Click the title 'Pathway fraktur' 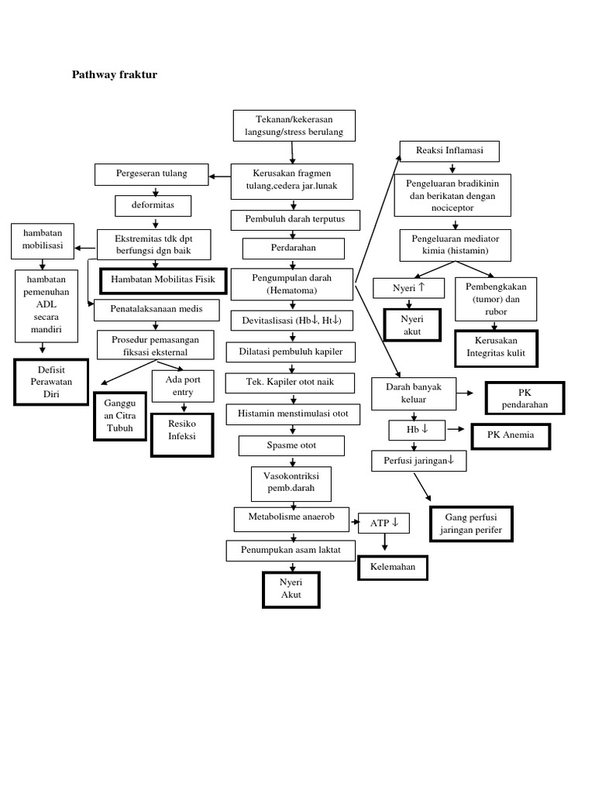click(115, 75)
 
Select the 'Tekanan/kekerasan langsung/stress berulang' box click(294, 126)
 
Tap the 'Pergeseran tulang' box click(152, 174)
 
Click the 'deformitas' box click(153, 207)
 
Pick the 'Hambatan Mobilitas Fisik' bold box click(163, 280)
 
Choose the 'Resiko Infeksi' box click(182, 431)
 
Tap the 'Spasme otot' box click(293, 446)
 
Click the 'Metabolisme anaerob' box click(291, 519)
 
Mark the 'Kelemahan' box click(392, 567)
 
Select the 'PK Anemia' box click(511, 435)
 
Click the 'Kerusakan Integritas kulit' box click(497, 348)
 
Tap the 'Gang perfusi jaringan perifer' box click(471, 524)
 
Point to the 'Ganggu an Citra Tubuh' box click(119, 416)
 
